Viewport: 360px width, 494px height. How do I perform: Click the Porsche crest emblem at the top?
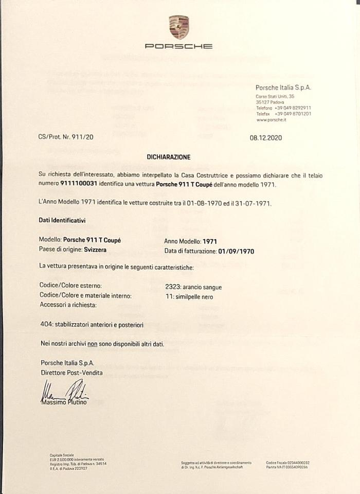(179, 27)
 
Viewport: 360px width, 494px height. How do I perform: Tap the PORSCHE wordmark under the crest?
(179, 46)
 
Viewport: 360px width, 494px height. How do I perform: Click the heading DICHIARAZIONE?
(168, 157)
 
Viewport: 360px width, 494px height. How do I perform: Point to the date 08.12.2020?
(266, 137)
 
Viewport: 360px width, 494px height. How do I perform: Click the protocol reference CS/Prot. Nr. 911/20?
(66, 137)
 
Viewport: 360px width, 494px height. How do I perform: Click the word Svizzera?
(99, 251)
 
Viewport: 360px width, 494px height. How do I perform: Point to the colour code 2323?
(173, 287)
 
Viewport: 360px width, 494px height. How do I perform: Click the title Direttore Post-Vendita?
(71, 373)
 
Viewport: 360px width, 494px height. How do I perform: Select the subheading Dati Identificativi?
(62, 220)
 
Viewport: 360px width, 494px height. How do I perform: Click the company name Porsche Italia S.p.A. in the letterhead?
(283, 88)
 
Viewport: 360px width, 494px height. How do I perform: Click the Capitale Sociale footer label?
(62, 455)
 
